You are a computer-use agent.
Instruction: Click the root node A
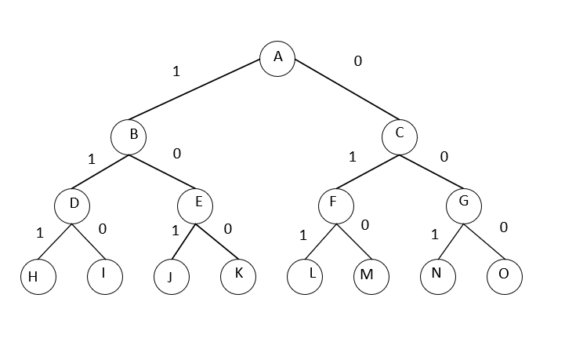[x=277, y=59]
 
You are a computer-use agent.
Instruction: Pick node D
[x=73, y=205]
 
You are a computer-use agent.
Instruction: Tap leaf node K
[x=238, y=275]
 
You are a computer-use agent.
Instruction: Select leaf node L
[x=305, y=276]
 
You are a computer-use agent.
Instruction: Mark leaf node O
[x=504, y=275]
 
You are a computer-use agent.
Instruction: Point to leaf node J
[x=173, y=276]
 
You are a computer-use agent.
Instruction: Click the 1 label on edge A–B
[x=176, y=71]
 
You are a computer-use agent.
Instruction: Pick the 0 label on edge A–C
[x=358, y=60]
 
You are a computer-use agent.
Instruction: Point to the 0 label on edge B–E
[x=176, y=153]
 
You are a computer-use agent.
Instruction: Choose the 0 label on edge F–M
[x=364, y=225]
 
